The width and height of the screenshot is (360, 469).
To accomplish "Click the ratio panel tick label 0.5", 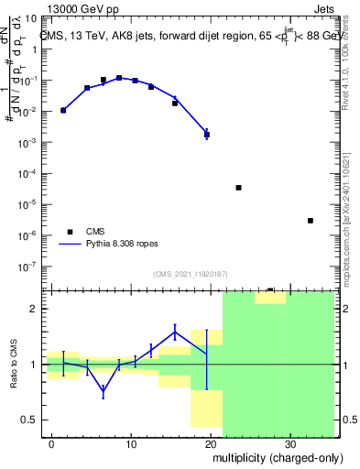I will pos(29,420).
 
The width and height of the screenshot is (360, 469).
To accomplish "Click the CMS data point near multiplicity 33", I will pos(311,221).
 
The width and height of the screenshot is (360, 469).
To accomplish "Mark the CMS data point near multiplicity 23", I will pos(238,188).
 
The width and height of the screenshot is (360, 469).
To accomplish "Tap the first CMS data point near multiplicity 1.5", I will pos(63,110).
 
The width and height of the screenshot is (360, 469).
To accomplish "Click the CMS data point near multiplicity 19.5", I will pos(207,135).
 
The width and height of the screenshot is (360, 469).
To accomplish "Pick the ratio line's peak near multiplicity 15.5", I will pos(175,331).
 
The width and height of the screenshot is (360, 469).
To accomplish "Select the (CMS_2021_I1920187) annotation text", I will pos(190,273).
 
